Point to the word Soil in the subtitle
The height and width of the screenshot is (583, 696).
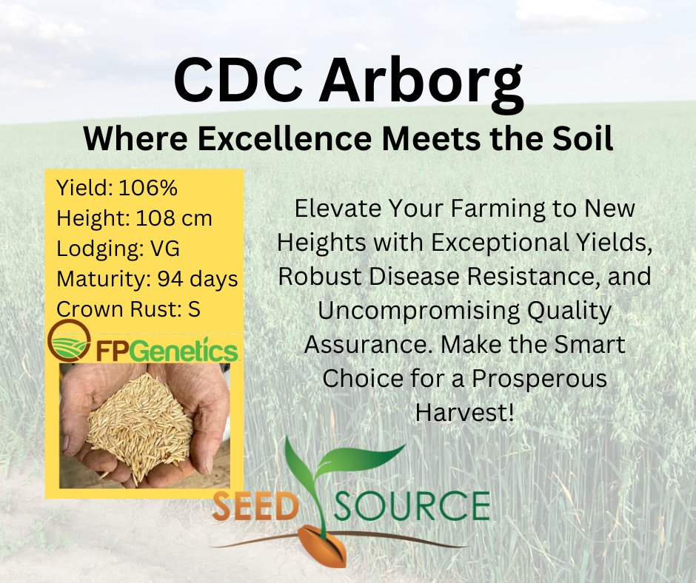(583, 138)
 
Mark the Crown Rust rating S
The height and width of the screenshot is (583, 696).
(194, 309)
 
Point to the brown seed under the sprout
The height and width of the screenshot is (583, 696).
(327, 548)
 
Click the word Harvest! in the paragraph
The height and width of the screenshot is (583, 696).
(464, 412)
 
